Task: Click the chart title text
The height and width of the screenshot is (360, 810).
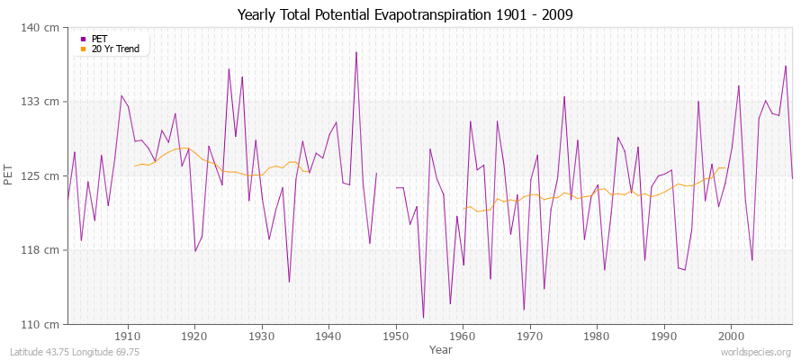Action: click(404, 14)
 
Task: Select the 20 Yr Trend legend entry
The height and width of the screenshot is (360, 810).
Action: click(115, 49)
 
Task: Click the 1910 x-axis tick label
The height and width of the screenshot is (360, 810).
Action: click(127, 336)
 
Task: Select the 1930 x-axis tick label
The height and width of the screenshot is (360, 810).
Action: click(261, 336)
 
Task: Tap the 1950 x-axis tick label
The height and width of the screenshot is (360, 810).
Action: click(395, 336)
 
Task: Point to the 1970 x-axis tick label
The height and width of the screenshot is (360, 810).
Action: click(529, 336)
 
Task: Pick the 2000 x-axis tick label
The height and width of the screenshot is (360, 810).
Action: click(731, 336)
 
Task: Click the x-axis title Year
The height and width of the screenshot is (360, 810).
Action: click(440, 348)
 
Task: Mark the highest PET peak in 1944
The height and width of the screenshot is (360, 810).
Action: click(356, 52)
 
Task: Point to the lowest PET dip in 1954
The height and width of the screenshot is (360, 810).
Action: click(423, 317)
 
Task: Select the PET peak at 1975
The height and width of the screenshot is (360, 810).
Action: click(564, 97)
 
